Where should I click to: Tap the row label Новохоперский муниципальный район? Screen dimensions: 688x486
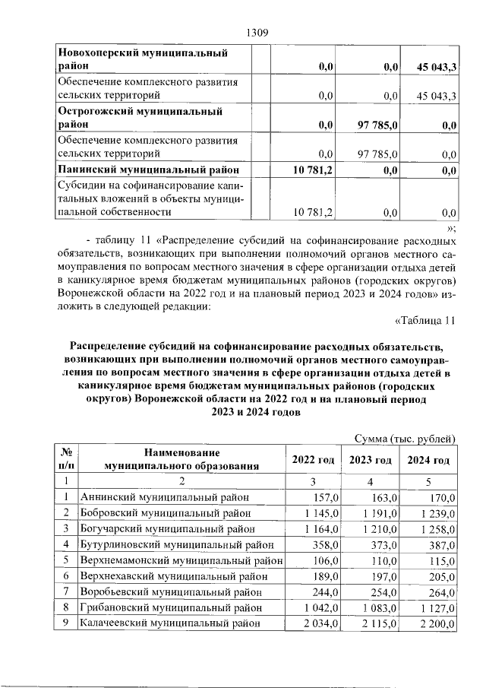tap(144, 60)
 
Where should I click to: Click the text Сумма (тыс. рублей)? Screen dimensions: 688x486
tap(405, 439)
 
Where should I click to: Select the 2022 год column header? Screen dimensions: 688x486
tap(314, 460)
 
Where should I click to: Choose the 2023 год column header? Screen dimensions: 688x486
tap(371, 460)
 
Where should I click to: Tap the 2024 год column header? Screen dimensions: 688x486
tap(429, 460)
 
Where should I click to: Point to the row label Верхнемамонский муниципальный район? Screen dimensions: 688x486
tap(181, 560)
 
